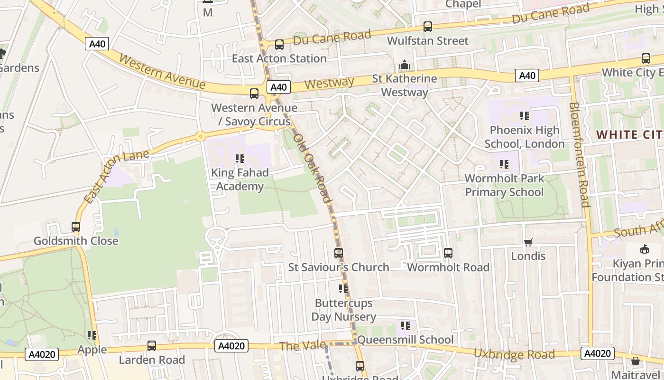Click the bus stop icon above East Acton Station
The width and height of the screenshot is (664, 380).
pyautogui.click(x=279, y=45)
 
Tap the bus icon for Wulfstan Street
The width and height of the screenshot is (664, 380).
pyautogui.click(x=428, y=27)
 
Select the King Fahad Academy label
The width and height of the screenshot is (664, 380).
pyautogui.click(x=240, y=179)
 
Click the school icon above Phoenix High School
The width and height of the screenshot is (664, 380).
pyautogui.click(x=525, y=116)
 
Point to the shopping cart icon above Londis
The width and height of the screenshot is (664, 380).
pyautogui.click(x=528, y=243)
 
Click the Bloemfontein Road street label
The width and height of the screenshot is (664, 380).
pyautogui.click(x=579, y=155)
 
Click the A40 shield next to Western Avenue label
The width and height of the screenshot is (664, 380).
pyautogui.click(x=97, y=44)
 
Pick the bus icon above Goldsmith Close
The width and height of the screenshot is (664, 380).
pyautogui.click(x=76, y=227)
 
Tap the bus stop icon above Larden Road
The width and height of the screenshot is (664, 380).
pyautogui.click(x=152, y=346)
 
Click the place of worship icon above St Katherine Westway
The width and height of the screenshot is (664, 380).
pyautogui.click(x=405, y=65)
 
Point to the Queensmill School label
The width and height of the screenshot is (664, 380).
pyautogui.click(x=405, y=340)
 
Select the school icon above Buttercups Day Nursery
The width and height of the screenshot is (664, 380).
pyautogui.click(x=343, y=289)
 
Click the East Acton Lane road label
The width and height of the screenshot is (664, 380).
pyautogui.click(x=116, y=176)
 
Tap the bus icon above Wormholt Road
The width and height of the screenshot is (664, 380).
pyautogui.click(x=448, y=253)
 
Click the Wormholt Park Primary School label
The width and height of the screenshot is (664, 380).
pyautogui.click(x=504, y=185)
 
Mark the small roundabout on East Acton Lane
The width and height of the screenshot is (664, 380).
pyautogui.click(x=201, y=137)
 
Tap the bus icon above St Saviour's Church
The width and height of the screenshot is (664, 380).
pyautogui.click(x=339, y=253)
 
